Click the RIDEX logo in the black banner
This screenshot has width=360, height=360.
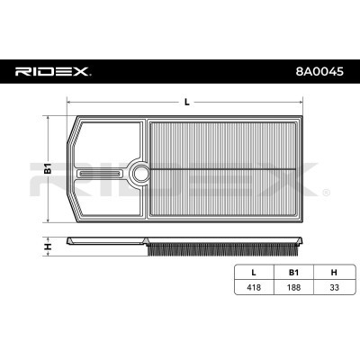[x=53, y=71]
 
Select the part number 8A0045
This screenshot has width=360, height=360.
[x=319, y=72]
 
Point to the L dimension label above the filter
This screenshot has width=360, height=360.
[x=187, y=103]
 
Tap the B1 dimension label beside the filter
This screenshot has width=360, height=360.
[x=48, y=169]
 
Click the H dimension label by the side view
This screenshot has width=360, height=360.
[x=48, y=247]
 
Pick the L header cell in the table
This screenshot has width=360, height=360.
[x=254, y=273]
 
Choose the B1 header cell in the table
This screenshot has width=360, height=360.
[x=293, y=273]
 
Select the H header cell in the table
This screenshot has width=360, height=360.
[x=334, y=273]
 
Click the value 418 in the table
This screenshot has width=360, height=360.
[x=254, y=287]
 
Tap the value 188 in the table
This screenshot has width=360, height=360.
[x=293, y=287]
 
